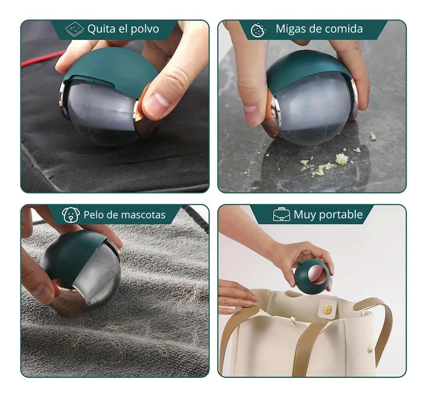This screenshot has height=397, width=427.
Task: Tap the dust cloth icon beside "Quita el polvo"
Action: pyautogui.click(x=75, y=29)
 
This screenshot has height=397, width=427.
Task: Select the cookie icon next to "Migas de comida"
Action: pyautogui.click(x=258, y=30)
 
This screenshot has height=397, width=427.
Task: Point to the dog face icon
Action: pyautogui.click(x=70, y=215)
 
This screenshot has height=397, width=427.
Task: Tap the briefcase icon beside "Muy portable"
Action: pyautogui.click(x=281, y=215)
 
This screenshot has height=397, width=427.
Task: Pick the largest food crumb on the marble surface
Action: pyautogui.click(x=342, y=159)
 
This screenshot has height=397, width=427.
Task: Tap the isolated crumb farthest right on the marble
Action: pyautogui.click(x=372, y=136)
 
